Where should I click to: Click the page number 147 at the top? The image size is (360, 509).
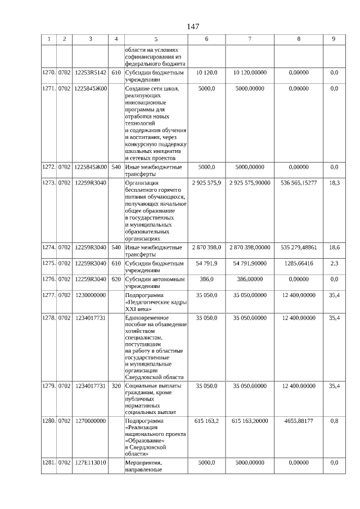coord(193,26)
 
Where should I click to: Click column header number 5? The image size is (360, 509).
coord(156,39)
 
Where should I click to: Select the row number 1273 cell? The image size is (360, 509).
coord(48,183)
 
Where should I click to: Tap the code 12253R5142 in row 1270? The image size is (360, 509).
coord(90,73)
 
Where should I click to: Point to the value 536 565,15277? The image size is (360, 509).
coord(299,183)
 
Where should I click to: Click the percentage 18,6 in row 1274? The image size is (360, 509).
coord(334,247)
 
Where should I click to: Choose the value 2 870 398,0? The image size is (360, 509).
coord(206,247)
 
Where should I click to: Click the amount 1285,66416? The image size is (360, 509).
coord(299,263)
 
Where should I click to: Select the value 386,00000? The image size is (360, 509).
coord(250,279)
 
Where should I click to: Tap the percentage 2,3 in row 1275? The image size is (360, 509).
coord(334,263)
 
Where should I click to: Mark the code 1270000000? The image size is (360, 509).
coord(90,421)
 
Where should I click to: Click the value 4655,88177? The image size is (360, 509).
coord(299,421)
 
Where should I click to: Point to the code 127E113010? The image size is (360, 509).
coord(90,462)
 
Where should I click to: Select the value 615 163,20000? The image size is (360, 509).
coord(250,421)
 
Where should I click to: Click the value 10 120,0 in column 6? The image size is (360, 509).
coord(206,73)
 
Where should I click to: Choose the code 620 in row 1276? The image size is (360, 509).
coord(116,279)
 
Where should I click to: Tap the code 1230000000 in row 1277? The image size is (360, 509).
coord(90,295)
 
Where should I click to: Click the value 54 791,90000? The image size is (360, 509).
coord(250,263)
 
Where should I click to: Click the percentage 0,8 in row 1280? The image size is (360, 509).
coord(334,421)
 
